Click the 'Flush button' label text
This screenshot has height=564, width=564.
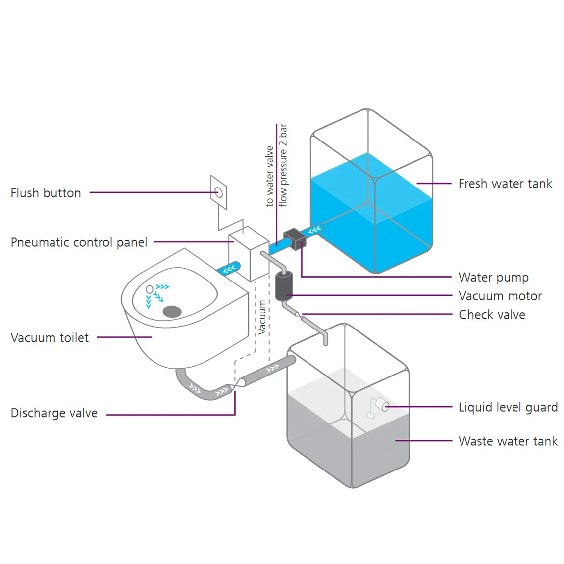(46, 193)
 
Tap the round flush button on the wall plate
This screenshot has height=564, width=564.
(218, 192)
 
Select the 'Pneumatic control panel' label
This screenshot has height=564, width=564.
(79, 242)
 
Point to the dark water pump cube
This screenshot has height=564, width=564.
(294, 238)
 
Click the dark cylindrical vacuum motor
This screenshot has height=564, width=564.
(284, 286)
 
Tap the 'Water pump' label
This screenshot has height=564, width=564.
(493, 277)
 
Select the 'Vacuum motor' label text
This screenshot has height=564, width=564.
(500, 296)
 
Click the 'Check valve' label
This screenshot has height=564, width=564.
(492, 315)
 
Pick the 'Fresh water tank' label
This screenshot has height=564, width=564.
(505, 184)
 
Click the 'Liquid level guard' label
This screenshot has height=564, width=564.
(508, 407)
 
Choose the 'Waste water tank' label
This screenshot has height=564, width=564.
(508, 441)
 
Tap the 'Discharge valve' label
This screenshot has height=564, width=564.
(54, 413)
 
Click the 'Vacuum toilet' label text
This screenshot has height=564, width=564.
(50, 338)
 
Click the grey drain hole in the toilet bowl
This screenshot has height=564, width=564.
(172, 311)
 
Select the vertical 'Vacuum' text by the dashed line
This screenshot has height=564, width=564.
(262, 317)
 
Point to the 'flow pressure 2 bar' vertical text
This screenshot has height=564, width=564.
(283, 166)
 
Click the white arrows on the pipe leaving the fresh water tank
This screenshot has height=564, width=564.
(315, 230)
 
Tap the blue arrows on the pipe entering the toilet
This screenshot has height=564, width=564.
(229, 269)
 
